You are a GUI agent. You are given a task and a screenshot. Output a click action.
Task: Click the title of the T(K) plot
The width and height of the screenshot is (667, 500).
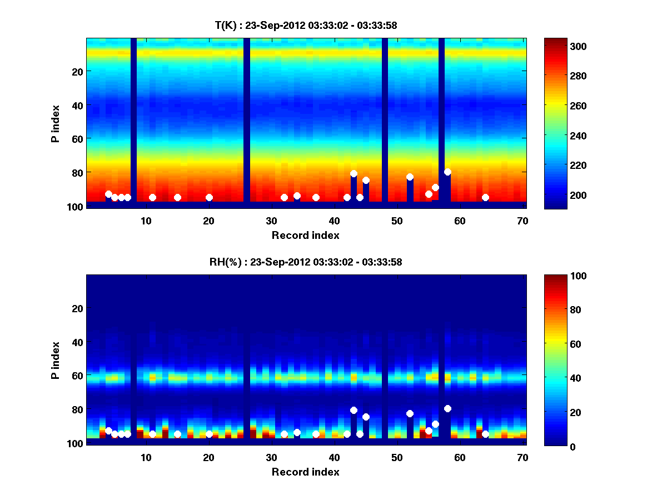306,25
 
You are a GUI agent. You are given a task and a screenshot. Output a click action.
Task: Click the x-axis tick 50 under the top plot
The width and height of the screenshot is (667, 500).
397,221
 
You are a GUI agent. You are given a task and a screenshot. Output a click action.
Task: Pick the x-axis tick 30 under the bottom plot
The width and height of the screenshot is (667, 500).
271,457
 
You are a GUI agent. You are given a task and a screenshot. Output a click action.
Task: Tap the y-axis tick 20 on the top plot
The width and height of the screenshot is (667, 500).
77,71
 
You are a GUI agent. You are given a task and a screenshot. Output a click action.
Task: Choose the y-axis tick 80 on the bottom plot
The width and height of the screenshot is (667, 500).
77,409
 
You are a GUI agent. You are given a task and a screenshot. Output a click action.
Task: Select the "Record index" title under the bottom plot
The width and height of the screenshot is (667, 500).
306,472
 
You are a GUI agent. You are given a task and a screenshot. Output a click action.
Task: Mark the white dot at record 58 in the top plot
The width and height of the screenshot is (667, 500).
447,172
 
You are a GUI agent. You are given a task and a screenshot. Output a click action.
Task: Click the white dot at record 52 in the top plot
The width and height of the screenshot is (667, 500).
410,177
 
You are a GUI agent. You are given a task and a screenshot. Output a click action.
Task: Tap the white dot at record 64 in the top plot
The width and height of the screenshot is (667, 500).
485,197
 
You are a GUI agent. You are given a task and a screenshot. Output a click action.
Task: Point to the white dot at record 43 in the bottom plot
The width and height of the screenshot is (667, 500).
354,410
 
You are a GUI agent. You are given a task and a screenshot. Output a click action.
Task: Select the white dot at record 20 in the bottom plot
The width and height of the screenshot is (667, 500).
209,434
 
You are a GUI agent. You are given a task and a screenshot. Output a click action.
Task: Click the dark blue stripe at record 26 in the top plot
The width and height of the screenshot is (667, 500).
247,119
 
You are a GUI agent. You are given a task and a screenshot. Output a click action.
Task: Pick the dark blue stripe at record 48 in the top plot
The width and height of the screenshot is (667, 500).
385,119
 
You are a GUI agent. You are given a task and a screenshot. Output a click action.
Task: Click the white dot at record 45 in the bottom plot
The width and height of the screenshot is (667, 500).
366,417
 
